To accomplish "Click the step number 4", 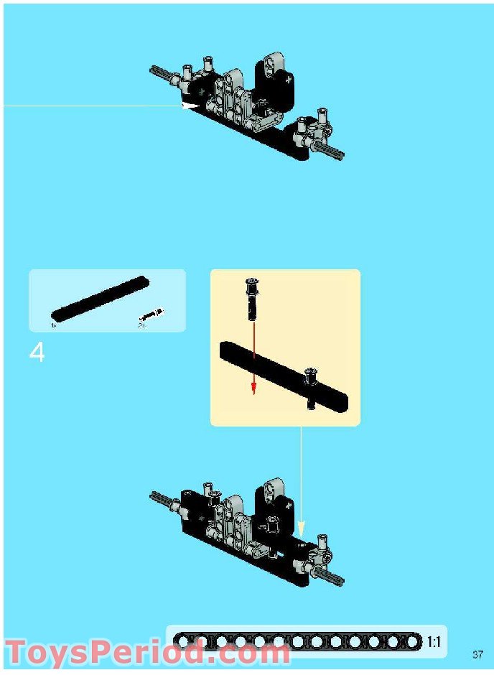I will [37, 353].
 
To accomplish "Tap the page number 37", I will [478, 654].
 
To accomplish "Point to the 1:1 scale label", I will [434, 642].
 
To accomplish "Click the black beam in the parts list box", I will [101, 298].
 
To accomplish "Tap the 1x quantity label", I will [53, 325].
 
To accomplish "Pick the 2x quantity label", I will [141, 325].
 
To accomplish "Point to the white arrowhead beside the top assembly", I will [191, 106].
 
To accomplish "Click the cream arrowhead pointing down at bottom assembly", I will [301, 525].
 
